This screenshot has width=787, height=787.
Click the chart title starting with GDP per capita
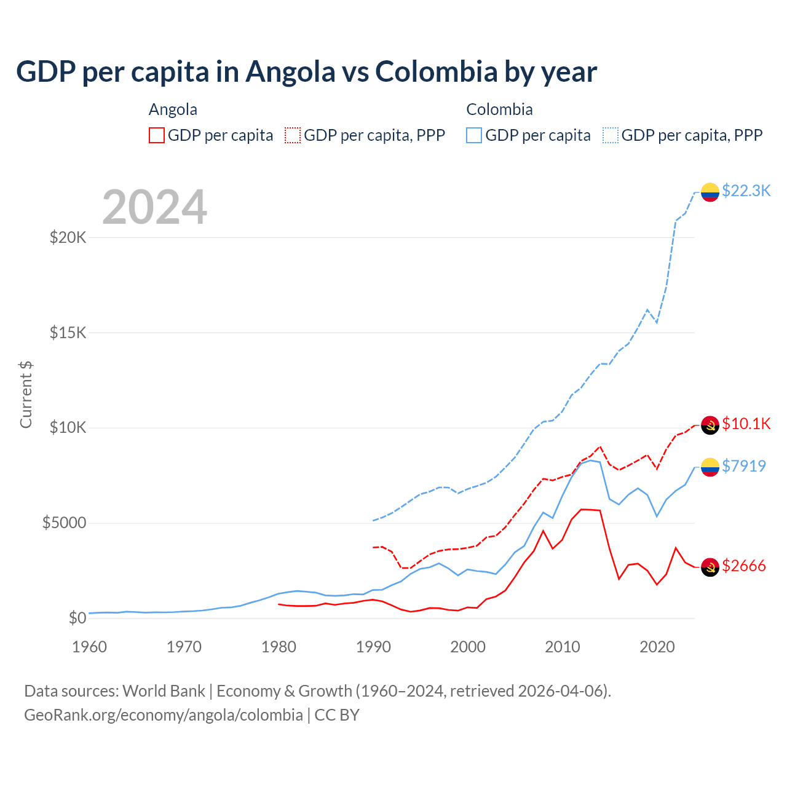(x=306, y=72)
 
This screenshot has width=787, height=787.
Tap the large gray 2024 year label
(x=154, y=207)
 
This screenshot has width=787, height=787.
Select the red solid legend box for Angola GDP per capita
(x=157, y=135)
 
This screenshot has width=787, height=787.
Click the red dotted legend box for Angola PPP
(x=293, y=135)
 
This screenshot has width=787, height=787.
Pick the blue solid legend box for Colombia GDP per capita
(x=474, y=135)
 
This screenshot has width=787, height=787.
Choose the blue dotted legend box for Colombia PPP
(x=611, y=135)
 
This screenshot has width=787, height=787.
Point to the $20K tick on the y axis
(x=68, y=237)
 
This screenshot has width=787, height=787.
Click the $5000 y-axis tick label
(x=64, y=523)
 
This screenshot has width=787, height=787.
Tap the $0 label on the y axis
(x=77, y=618)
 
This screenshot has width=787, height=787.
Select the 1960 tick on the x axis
(x=90, y=647)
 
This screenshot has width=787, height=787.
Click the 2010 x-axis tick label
(x=563, y=647)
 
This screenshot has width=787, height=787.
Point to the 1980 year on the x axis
(x=279, y=647)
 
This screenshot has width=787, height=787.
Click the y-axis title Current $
(x=26, y=394)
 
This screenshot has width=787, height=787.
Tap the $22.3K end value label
(x=746, y=191)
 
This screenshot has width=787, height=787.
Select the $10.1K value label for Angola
(x=746, y=424)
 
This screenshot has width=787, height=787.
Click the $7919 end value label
(x=743, y=466)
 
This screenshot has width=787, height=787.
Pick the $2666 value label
(x=743, y=566)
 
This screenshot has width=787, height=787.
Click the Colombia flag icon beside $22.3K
(x=710, y=192)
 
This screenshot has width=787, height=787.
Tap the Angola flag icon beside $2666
(x=710, y=568)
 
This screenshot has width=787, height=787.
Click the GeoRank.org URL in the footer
(x=164, y=715)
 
